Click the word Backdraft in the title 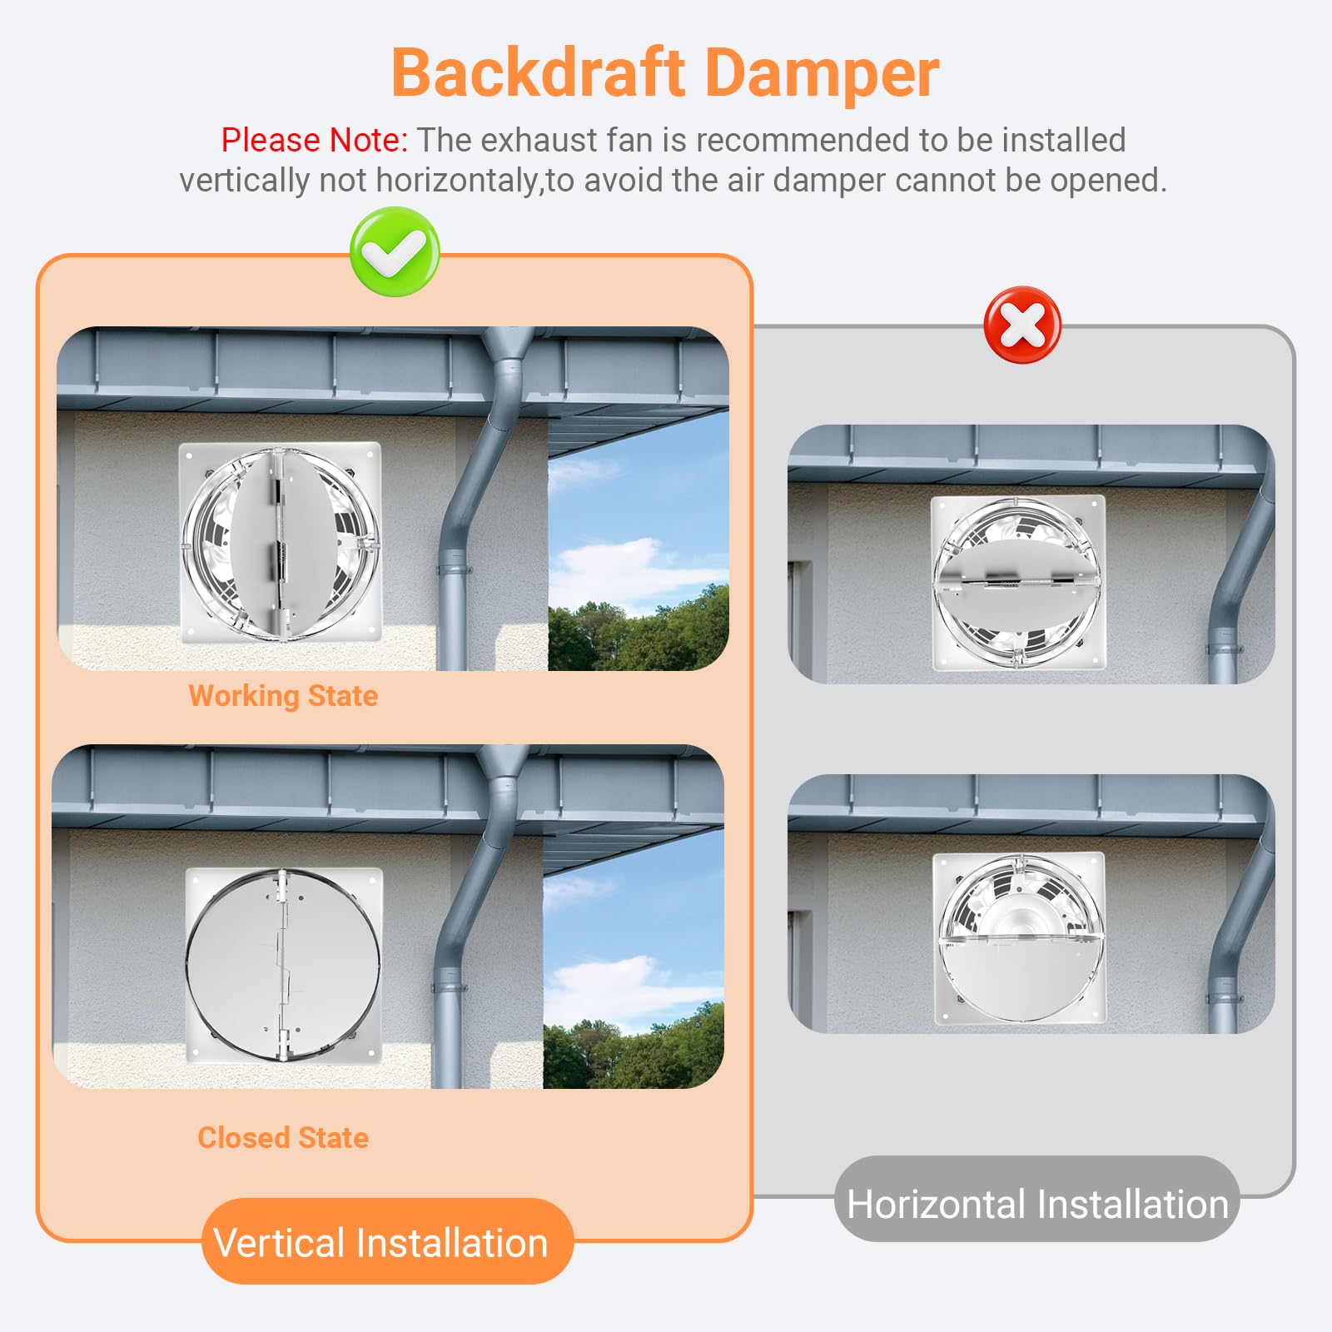tap(538, 73)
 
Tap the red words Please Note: tap(314, 140)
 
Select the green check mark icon tap(395, 251)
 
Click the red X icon tap(1022, 325)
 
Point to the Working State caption tap(283, 696)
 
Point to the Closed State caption tap(283, 1137)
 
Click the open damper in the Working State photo tap(281, 543)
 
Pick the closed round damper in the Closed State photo tap(283, 966)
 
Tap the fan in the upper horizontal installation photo tap(1018, 583)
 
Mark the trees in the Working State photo tap(639, 630)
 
